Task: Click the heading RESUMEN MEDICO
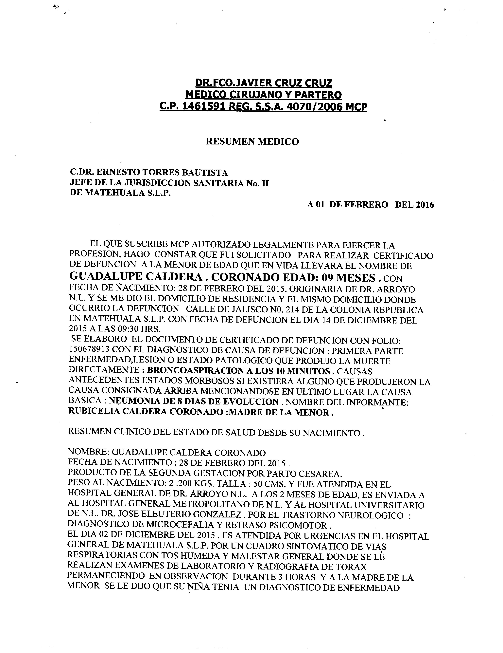pyautogui.click(x=252, y=141)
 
